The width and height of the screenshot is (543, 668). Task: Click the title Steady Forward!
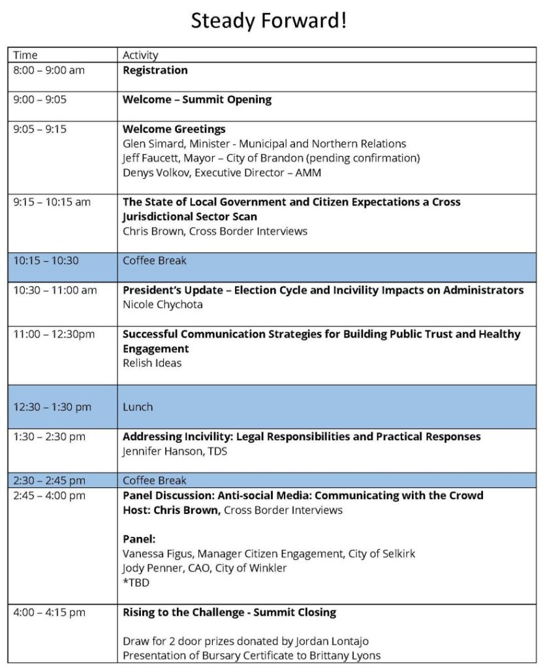click(268, 22)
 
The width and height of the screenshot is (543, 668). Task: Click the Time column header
click(25, 55)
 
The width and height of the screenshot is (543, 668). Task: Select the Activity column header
click(140, 55)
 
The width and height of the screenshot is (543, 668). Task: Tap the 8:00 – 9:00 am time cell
click(49, 70)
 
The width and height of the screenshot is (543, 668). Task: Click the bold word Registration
click(155, 70)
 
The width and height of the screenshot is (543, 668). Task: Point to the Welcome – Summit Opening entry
click(197, 100)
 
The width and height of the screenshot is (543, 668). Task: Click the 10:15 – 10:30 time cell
click(46, 260)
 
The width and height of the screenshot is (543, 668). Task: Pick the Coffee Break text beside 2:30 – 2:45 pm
click(155, 481)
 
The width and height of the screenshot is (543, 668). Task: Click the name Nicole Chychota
click(163, 304)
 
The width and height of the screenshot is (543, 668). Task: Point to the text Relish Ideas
click(152, 363)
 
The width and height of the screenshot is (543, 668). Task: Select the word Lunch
click(138, 406)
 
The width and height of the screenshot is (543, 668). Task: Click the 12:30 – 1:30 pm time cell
click(53, 406)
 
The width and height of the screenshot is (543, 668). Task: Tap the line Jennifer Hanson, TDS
click(175, 451)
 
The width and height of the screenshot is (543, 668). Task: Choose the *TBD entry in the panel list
click(136, 583)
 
